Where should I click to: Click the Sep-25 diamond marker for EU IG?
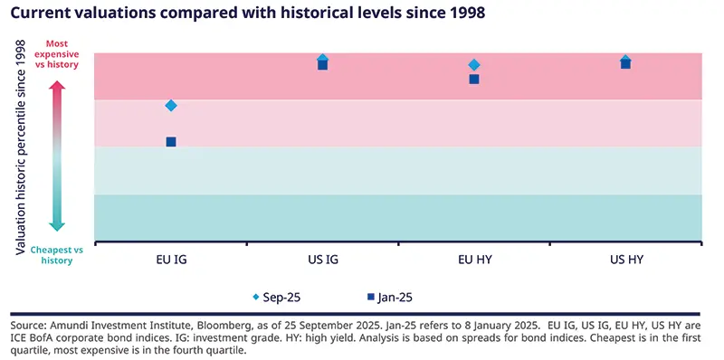click(x=171, y=106)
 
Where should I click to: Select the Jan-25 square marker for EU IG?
click(x=171, y=142)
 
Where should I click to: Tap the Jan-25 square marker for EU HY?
click(x=474, y=80)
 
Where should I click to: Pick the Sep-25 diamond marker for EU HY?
click(x=474, y=65)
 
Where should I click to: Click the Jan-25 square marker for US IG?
click(x=323, y=65)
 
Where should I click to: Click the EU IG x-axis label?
click(x=171, y=259)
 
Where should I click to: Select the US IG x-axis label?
click(x=323, y=259)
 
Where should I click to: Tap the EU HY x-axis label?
click(x=474, y=259)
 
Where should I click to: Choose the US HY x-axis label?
click(x=625, y=259)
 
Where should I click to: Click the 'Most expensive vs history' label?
click(x=56, y=54)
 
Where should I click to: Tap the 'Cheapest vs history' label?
click(x=56, y=254)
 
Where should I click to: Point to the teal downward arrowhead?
click(x=56, y=226)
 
